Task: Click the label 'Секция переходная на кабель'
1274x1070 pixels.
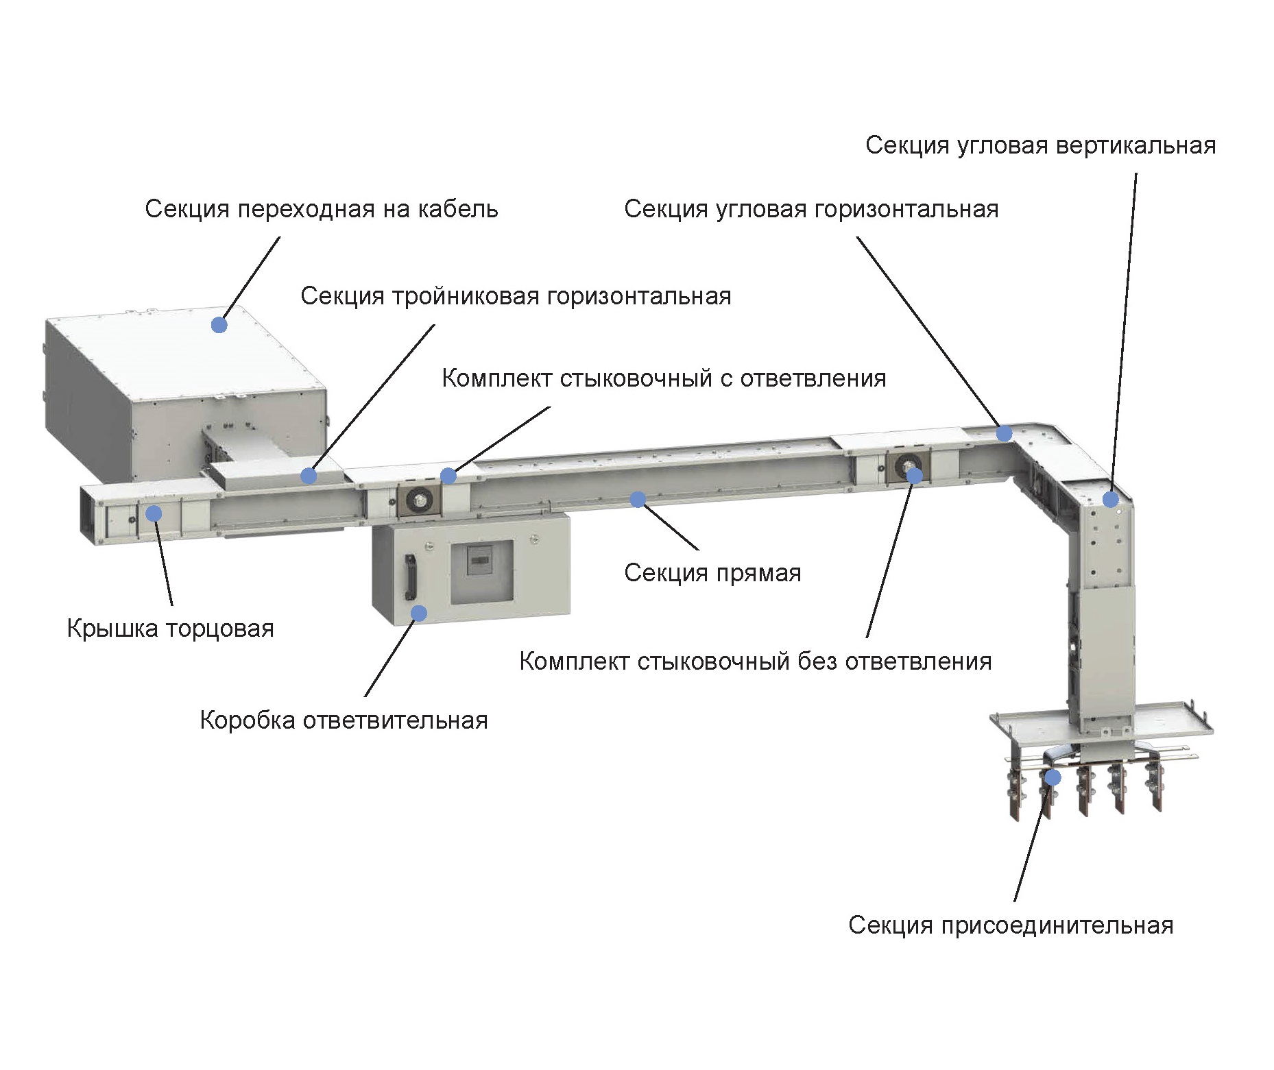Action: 321,209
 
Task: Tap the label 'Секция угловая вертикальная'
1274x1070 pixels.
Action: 1039,145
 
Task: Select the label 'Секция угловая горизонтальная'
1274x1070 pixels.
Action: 810,209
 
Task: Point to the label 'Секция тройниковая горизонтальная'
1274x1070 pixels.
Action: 516,296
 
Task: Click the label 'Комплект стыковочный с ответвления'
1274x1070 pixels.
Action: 663,378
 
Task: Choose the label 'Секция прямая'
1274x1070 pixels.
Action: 712,573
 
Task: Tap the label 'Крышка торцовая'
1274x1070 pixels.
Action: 170,629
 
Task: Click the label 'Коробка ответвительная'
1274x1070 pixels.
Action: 344,720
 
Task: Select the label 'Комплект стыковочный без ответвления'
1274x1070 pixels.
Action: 755,661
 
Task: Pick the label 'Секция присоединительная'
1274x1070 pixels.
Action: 1010,925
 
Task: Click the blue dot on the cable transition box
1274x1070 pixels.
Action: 219,325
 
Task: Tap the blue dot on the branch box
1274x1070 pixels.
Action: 418,613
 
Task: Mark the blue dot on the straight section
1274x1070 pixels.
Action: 638,499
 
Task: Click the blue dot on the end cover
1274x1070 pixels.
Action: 154,513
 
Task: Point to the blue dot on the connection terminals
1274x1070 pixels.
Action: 1053,777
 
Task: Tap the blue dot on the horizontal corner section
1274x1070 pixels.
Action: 1004,433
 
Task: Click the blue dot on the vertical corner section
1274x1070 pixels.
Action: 1111,499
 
